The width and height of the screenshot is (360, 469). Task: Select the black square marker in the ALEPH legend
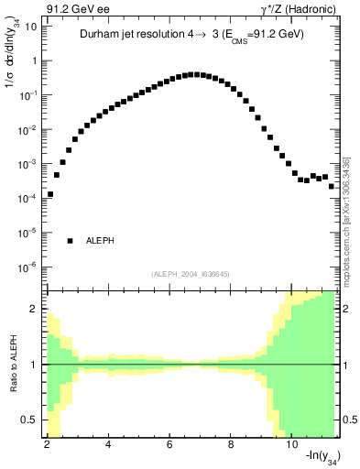(x=70, y=241)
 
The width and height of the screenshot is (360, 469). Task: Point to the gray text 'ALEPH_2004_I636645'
(x=191, y=273)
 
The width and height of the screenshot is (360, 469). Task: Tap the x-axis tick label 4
(x=109, y=443)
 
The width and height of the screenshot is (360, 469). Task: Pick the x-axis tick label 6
(x=170, y=443)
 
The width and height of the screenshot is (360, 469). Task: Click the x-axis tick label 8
(x=232, y=443)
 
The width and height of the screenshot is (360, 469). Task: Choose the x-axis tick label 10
(x=292, y=443)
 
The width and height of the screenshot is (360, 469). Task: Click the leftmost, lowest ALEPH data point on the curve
(x=50, y=194)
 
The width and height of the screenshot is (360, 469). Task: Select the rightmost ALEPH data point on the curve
(x=332, y=186)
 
